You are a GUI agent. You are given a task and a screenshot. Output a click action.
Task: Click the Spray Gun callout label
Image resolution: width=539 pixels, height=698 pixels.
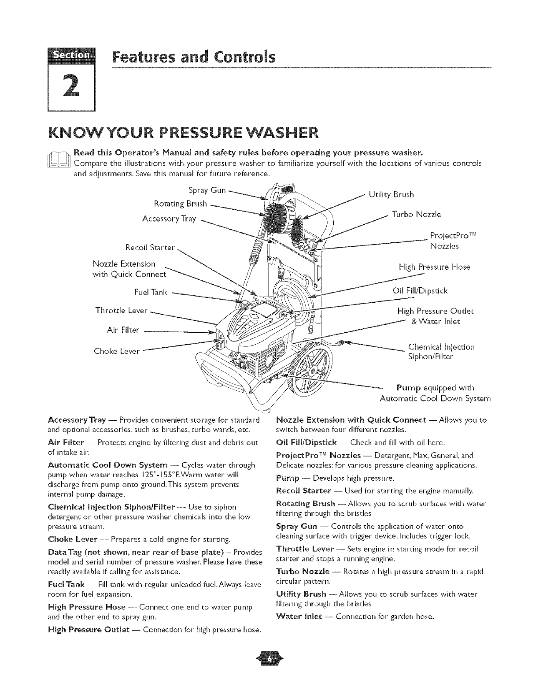[207, 191]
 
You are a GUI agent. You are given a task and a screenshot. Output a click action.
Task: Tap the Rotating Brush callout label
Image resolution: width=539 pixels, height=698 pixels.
[180, 204]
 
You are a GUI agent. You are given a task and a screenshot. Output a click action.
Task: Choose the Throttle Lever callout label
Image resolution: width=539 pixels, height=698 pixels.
[121, 310]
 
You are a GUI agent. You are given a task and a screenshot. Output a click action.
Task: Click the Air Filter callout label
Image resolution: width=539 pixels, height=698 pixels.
[123, 330]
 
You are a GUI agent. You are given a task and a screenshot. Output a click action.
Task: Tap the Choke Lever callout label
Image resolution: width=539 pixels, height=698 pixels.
[117, 351]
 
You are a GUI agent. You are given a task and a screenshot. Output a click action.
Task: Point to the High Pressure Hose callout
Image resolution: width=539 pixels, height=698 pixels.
[434, 267]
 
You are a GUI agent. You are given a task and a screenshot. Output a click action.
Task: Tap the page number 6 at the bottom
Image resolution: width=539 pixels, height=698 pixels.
[269, 670]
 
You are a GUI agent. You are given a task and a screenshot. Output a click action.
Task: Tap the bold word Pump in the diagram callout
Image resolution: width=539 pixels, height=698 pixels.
[408, 388]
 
